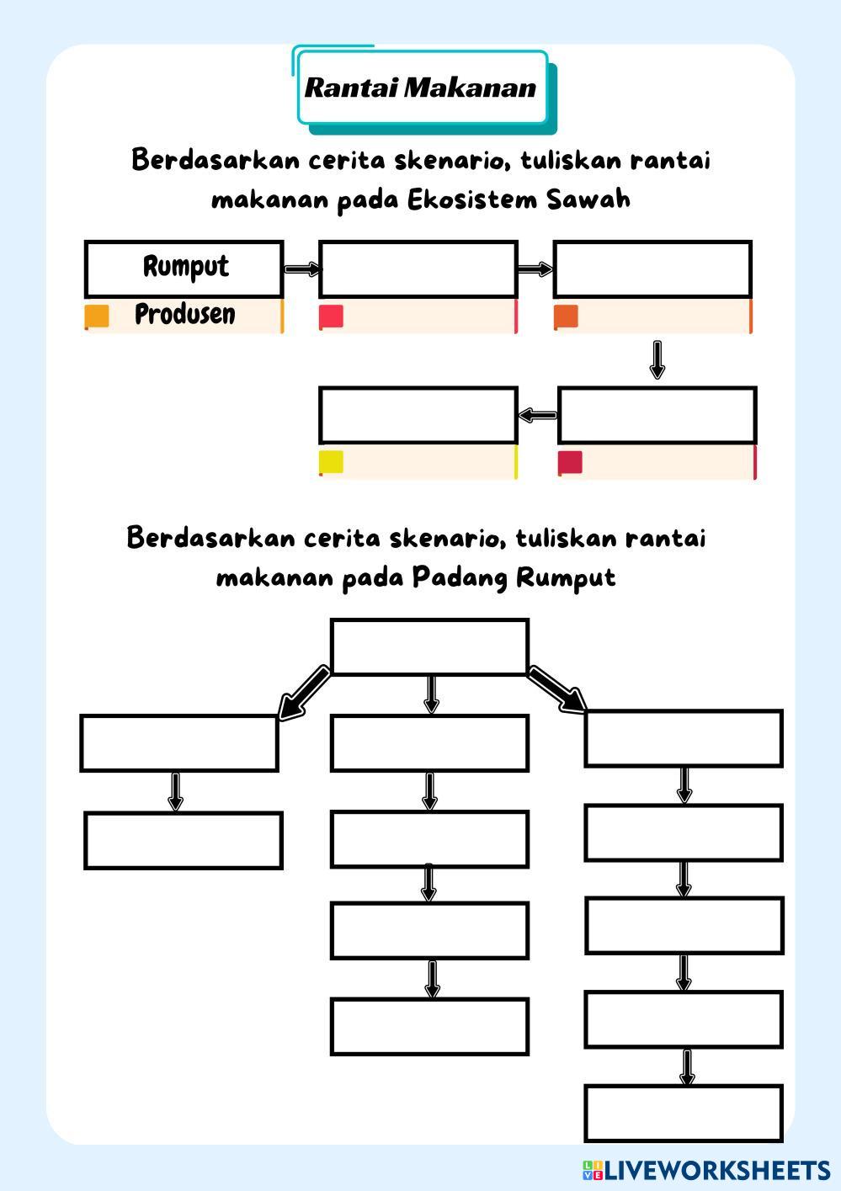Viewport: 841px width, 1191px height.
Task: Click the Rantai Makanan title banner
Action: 421,88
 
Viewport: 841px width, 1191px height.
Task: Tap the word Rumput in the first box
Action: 185,267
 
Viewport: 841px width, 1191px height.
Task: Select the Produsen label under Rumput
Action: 185,314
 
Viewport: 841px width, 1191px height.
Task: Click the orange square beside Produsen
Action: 97,316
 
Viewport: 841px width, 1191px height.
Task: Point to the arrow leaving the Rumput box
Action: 301,269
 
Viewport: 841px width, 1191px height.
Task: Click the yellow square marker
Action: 331,462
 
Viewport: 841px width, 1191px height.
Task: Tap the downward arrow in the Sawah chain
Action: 657,359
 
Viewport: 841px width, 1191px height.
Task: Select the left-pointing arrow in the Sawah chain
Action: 538,415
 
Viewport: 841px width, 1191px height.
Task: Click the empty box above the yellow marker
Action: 418,415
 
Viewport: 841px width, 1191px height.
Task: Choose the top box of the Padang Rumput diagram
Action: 429,646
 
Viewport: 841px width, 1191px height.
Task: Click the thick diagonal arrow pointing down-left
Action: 303,693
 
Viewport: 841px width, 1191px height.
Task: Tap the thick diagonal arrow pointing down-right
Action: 557,689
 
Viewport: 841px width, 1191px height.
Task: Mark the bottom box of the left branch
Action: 184,840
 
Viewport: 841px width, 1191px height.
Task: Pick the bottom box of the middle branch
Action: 429,1026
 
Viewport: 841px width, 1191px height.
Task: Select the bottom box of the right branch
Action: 684,1113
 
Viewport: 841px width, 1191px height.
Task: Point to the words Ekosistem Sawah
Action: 519,200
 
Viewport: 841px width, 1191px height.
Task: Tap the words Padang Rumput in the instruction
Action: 514,578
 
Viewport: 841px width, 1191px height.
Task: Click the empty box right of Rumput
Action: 418,269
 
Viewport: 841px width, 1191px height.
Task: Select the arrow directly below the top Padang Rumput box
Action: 431,694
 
